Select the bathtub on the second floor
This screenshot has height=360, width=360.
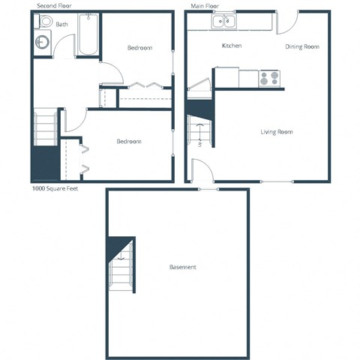pos(88,35)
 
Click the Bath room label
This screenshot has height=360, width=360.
pos(61,24)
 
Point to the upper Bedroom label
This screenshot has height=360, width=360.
pos(139,48)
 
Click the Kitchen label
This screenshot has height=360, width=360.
pos(232,46)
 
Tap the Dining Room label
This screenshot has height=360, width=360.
pos(302,46)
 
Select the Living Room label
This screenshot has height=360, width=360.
pos(276,132)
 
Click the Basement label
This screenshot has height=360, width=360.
pos(182,267)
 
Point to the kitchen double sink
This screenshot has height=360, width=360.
pos(223,22)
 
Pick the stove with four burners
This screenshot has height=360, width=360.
pos(269,77)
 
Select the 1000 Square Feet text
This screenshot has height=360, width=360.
pos(55,188)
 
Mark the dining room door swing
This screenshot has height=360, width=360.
pos(286,22)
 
